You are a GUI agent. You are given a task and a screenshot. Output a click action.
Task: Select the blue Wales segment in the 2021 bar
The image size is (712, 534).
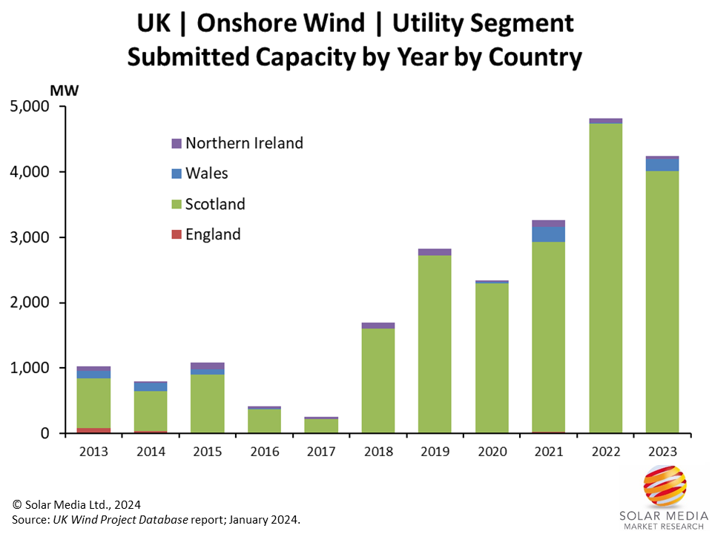tap(549, 234)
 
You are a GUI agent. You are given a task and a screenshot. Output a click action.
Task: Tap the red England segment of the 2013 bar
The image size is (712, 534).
tap(93, 430)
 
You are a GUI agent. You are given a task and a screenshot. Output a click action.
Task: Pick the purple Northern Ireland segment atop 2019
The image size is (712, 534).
tap(435, 252)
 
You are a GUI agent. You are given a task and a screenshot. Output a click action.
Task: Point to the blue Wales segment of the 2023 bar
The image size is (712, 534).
tap(662, 165)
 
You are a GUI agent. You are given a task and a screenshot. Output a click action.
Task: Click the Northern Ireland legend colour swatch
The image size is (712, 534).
tap(176, 143)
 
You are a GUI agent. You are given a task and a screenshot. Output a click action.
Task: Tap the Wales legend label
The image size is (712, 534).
tap(207, 174)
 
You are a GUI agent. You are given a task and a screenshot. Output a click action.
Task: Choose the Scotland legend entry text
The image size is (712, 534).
tap(215, 204)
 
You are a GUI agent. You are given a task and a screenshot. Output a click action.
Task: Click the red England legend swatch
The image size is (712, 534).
tap(176, 235)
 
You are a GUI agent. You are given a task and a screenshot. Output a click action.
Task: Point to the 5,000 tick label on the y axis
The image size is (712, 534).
tap(30, 107)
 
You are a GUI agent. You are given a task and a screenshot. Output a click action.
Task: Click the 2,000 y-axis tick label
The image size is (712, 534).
tap(30, 303)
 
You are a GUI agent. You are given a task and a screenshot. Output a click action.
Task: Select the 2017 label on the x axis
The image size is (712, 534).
tap(321, 450)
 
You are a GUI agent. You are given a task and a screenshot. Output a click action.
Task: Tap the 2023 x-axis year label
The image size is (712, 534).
tap(662, 450)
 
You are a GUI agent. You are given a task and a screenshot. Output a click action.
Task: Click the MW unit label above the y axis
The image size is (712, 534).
tap(64, 90)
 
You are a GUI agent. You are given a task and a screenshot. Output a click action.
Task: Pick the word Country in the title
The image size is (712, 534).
tap(534, 57)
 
